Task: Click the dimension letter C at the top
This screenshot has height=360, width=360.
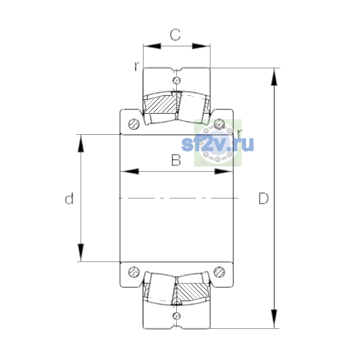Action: [175, 34]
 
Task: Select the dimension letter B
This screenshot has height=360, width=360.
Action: [176, 160]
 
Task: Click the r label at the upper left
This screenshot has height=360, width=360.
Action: [137, 66]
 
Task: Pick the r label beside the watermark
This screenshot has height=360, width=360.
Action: [240, 133]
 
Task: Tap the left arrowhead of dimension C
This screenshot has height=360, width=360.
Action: [152, 46]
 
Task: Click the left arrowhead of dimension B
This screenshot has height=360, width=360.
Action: [130, 171]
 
